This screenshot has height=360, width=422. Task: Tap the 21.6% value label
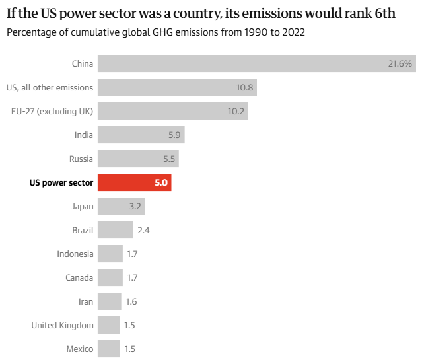point(400,63)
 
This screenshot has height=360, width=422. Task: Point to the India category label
point(84,135)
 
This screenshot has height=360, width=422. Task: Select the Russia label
point(81,159)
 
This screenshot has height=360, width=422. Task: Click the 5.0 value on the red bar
point(161,182)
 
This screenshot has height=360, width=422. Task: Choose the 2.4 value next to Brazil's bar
point(144,230)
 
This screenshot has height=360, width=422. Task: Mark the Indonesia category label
point(75,254)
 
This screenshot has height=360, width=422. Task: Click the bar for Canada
point(110,277)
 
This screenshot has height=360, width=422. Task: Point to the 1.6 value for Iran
point(132,301)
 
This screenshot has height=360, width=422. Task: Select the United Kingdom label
point(63,325)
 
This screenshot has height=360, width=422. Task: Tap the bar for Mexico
point(108,348)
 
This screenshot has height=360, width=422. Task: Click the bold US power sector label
point(61,182)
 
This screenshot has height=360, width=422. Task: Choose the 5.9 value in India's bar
point(174,135)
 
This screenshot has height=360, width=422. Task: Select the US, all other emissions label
point(50,87)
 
